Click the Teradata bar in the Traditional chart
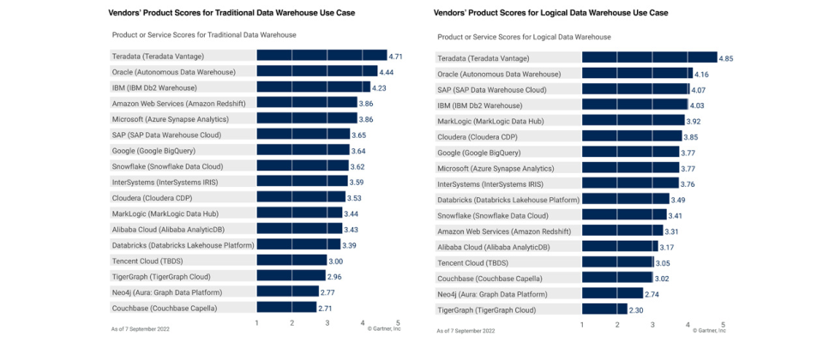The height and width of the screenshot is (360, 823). pyautogui.click(x=321, y=56)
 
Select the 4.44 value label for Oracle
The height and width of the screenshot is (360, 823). pyautogui.click(x=387, y=72)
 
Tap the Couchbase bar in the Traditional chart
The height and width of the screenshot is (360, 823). pyautogui.click(x=286, y=307)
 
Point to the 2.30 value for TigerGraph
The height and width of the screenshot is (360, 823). pyautogui.click(x=636, y=310)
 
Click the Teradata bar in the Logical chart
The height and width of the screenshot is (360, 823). pyautogui.click(x=649, y=57)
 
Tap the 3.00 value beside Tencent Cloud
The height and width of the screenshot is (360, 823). pyautogui.click(x=335, y=261)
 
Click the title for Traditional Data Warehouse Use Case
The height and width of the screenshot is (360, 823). pyautogui.click(x=231, y=13)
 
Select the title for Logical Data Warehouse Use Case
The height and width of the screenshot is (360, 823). pyautogui.click(x=551, y=13)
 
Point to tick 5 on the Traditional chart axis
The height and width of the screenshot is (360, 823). pyautogui.click(x=398, y=322)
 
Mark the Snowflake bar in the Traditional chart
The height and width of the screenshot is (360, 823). pyautogui.click(x=303, y=166)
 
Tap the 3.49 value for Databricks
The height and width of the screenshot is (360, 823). pyautogui.click(x=678, y=200)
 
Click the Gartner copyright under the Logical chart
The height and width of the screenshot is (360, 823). pyautogui.click(x=709, y=331)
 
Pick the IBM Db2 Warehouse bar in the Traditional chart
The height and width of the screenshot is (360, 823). pyautogui.click(x=313, y=87)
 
